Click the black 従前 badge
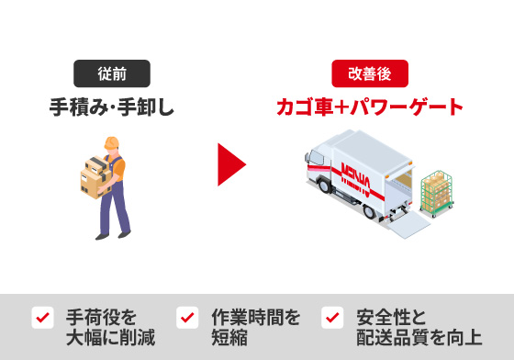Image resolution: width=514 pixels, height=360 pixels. [x=112, y=73]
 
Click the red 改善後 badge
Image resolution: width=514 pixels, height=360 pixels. [x=370, y=73]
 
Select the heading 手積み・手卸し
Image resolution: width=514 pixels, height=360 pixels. [x=112, y=107]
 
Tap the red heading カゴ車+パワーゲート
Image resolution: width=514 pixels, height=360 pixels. [x=370, y=107]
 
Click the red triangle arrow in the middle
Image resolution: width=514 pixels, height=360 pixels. [x=229, y=164]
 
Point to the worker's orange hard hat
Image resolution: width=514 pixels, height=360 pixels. [x=112, y=143]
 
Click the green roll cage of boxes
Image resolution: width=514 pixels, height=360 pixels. [x=437, y=194]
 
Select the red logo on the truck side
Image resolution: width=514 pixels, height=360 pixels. [x=356, y=178]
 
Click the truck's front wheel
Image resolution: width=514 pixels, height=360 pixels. [x=324, y=186]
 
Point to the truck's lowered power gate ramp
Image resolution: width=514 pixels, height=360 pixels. [x=408, y=224]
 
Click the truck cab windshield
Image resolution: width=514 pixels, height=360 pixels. [x=317, y=158]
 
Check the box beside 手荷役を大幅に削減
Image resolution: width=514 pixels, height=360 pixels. [x=42, y=318]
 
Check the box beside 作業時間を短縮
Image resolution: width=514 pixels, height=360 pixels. [x=187, y=318]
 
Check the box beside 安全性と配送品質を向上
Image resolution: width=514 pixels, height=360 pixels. [x=332, y=318]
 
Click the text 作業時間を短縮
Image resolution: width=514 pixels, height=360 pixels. [x=256, y=327]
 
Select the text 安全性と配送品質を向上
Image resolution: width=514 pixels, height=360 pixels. [x=419, y=327]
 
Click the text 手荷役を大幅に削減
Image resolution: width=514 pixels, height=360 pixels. [x=110, y=327]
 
